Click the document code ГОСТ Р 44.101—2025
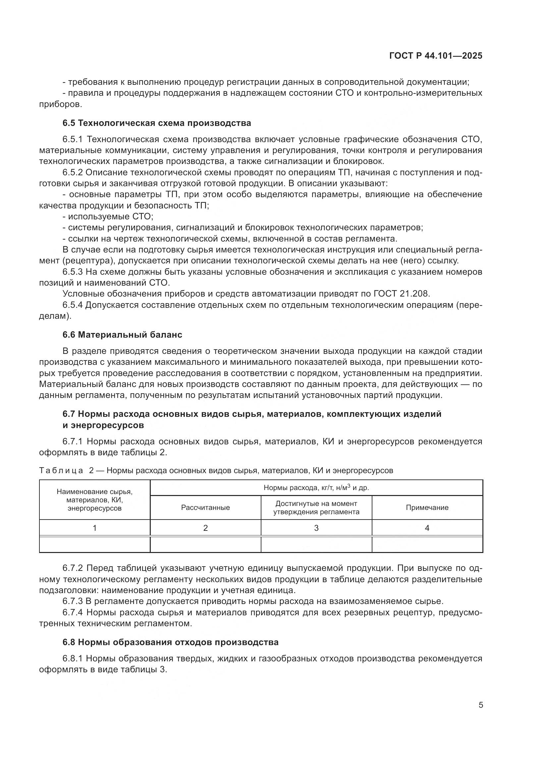point(436,56)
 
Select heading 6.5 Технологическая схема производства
point(157,123)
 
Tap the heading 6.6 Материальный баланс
point(122,335)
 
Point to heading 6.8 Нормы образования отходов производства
point(170,642)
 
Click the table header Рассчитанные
point(205,508)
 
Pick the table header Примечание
point(427,508)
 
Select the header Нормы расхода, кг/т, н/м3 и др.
point(316,488)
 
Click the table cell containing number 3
point(316,528)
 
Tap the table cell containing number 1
point(94,528)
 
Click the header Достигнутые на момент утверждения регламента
point(316,508)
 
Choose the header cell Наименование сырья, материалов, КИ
point(94,500)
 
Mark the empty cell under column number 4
point(427,544)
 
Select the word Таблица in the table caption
point(61,471)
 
